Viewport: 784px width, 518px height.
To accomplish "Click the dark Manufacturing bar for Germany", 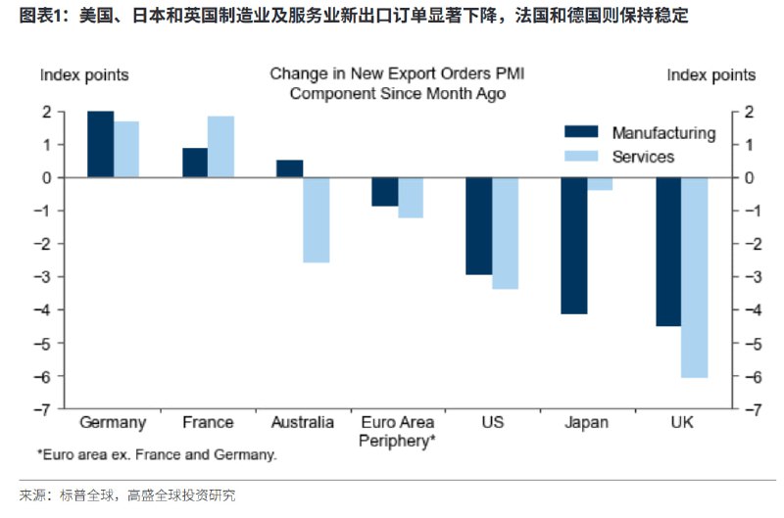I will coord(100,144).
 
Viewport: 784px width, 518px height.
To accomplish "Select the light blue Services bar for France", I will coord(220,147).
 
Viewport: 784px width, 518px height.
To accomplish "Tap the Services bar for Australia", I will coord(316,220).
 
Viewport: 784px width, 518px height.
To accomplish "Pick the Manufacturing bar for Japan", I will coord(574,246).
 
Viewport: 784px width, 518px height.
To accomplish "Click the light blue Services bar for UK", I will coord(694,277).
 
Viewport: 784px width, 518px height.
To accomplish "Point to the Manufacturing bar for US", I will coord(478,226).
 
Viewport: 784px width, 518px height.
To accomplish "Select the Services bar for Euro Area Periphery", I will coord(410,198).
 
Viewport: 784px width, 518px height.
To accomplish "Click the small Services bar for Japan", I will coord(600,184).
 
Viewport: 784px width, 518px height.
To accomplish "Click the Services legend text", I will coord(643,157).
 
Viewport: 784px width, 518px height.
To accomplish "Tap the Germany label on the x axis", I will coord(113,423).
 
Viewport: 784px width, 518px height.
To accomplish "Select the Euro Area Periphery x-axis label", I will coord(398,432).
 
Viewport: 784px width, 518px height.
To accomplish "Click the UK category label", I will coord(681,423).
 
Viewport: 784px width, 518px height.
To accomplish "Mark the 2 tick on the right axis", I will coord(749,112).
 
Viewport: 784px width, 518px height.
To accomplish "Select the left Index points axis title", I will coord(84,75).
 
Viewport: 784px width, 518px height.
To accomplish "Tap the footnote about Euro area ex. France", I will coord(157,455).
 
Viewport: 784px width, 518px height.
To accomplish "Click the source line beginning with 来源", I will coord(127,495).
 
